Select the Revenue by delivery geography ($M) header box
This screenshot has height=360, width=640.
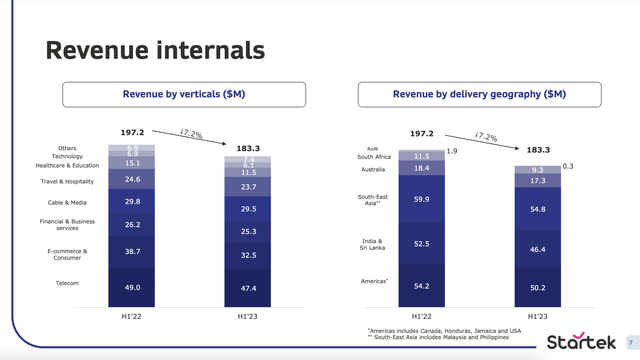coord(482,94)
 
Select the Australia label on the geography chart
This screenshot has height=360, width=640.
coord(373,168)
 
